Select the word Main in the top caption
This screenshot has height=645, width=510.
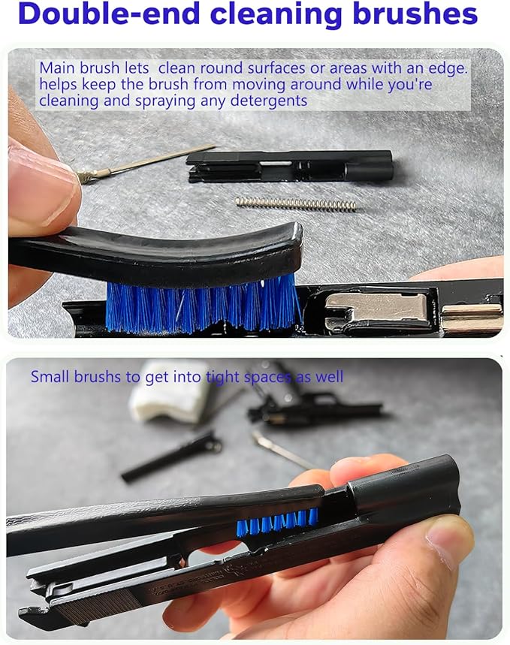point(58,68)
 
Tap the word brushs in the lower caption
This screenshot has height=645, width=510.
point(97,376)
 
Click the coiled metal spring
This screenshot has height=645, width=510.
point(296,204)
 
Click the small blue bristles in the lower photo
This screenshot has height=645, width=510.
point(277,523)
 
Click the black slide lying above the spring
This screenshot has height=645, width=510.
point(290,165)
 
